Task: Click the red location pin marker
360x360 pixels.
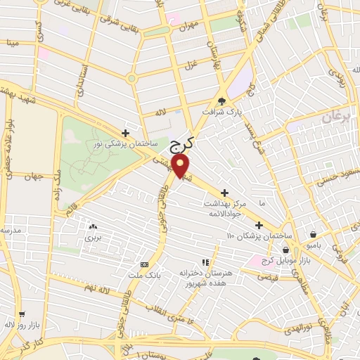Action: (181, 167)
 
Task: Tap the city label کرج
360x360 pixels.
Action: (182, 145)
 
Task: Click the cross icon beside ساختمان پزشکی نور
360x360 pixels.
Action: (125, 132)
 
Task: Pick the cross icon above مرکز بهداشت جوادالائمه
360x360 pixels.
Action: (224, 192)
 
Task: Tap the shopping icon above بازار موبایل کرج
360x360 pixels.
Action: (285, 250)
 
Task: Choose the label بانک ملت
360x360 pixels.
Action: (144, 275)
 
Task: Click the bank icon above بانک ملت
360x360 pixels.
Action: (144, 264)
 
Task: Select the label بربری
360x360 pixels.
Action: (94, 238)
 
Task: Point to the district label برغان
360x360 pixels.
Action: (335, 117)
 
